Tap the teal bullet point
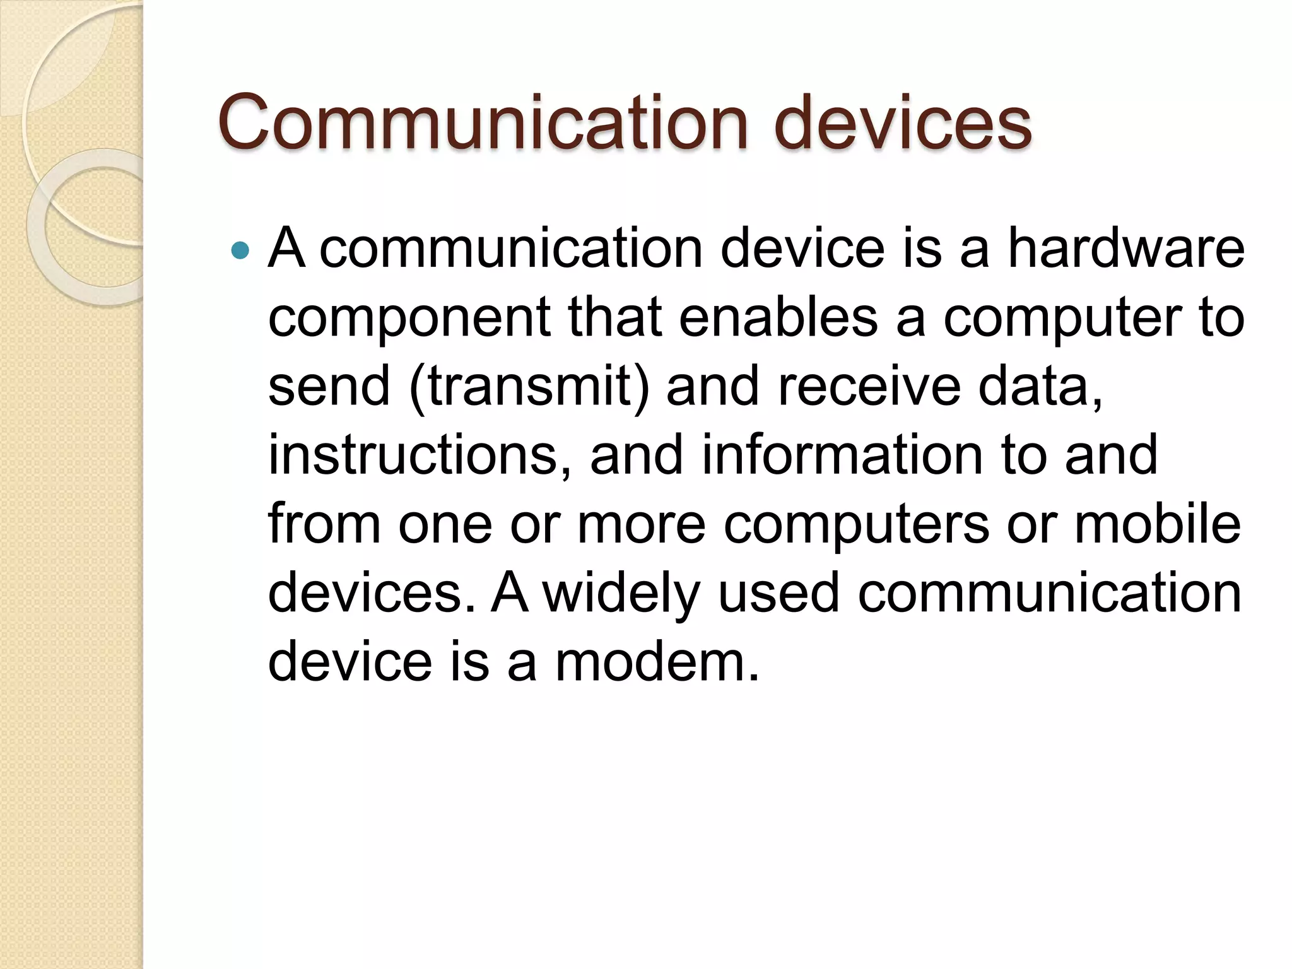(x=240, y=251)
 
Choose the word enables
(x=778, y=317)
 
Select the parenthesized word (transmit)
(x=529, y=387)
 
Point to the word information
(x=843, y=455)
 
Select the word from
(x=324, y=524)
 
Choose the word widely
(x=622, y=594)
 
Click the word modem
(x=657, y=662)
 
